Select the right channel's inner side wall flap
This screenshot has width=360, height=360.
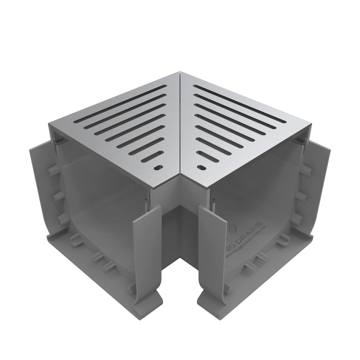click(x=212, y=237)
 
